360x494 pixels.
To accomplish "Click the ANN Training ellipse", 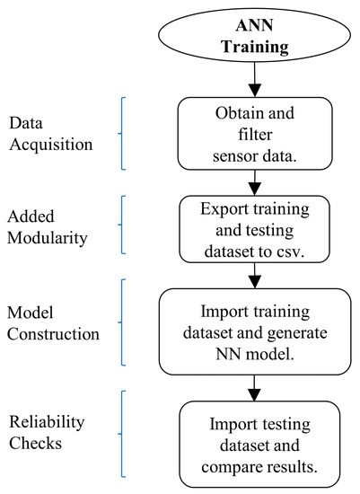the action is coord(254,35).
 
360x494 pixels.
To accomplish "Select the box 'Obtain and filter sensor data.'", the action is coord(255,134).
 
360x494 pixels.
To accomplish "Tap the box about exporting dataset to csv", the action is coord(254,229).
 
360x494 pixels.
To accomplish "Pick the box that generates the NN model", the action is coord(255,331).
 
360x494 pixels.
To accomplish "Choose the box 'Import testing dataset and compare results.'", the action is coord(259,445).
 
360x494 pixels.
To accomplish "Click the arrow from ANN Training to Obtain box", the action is coord(254,79).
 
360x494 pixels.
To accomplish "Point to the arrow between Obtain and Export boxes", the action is coord(254,182).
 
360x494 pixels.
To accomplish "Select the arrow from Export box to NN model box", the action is coord(254,276).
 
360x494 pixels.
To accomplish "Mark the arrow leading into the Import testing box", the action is coord(254,388).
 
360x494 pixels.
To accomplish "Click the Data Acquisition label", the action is coord(51,134).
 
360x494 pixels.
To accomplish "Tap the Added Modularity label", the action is coord(48,227).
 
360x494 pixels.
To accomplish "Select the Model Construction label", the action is coord(53,323).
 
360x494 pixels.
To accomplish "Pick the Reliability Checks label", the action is coord(47,432).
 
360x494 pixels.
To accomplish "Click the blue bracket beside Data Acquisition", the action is coord(121,134).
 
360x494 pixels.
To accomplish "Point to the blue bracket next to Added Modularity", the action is coord(121,225).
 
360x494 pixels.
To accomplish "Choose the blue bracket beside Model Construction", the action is coord(121,322).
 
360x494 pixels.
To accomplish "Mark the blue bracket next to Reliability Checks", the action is coord(121,434).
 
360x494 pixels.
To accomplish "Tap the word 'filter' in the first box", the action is coord(255,134).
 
